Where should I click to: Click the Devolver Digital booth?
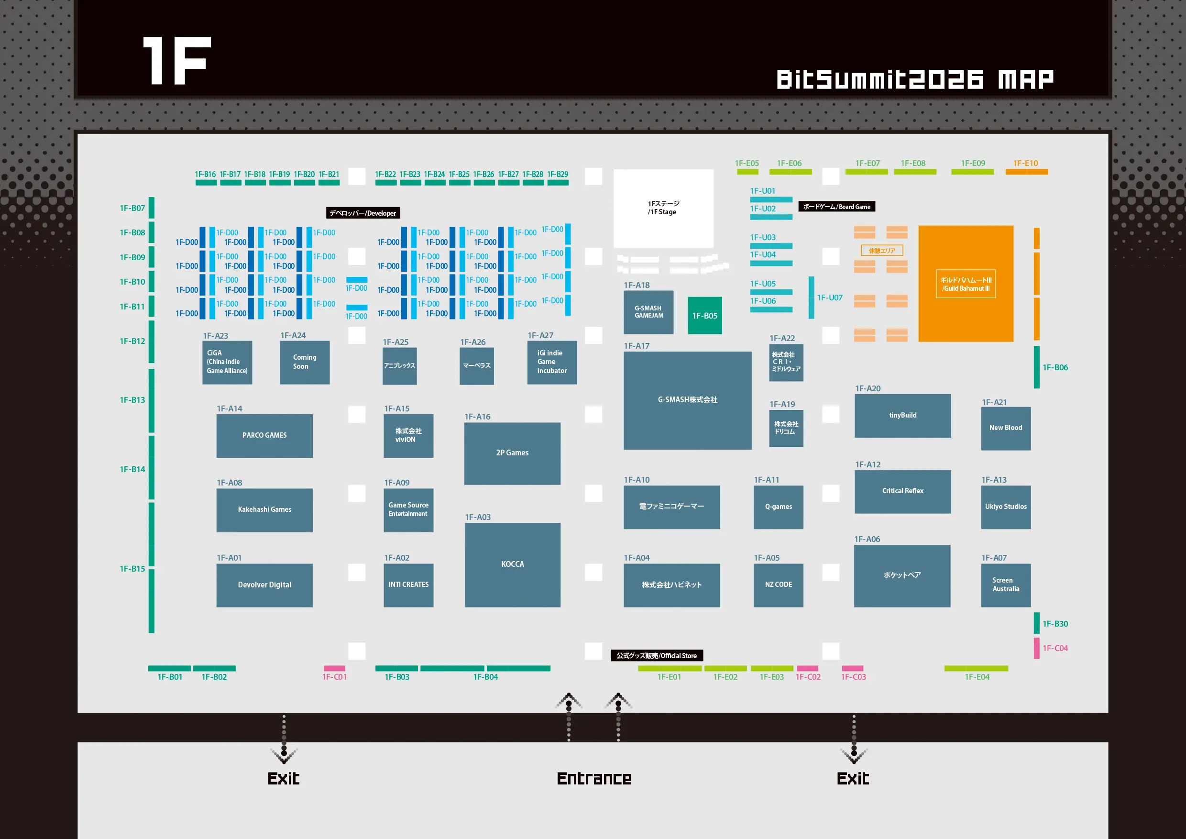click(264, 585)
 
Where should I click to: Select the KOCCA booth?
click(512, 564)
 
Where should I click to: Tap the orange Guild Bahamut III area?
click(966, 284)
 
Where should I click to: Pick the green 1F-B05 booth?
click(704, 316)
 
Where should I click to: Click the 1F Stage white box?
click(663, 208)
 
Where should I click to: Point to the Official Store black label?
click(656, 656)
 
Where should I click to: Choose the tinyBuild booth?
click(902, 415)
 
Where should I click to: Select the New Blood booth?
click(1005, 428)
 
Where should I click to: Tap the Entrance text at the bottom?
click(594, 779)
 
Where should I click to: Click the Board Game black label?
click(836, 207)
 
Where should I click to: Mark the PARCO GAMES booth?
click(264, 435)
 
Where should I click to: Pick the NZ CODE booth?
click(778, 585)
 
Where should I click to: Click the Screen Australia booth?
click(1005, 585)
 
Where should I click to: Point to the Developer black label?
click(362, 213)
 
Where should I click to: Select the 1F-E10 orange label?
click(1025, 163)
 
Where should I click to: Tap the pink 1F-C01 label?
click(334, 677)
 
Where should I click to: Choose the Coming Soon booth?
click(304, 362)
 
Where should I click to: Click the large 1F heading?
click(176, 60)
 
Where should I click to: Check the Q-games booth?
click(778, 507)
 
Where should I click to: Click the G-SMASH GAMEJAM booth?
click(648, 312)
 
